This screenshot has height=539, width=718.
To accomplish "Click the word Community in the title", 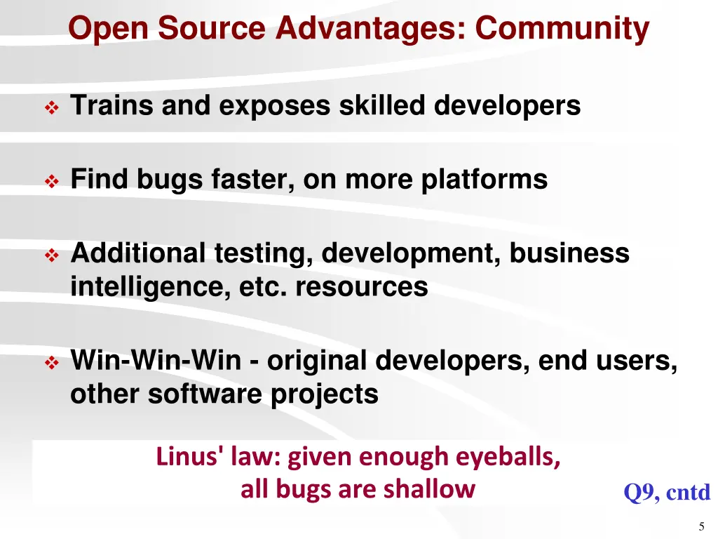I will (562, 29).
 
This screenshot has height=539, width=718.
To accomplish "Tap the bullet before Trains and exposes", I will (51, 108).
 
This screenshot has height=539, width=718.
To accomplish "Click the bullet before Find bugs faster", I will (51, 182).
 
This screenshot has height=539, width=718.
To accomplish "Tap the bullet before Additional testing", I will (51, 255).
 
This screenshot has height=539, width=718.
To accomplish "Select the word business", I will (569, 253).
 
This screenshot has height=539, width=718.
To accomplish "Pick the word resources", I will (361, 287).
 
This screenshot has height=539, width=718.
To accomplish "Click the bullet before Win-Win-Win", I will (51, 364).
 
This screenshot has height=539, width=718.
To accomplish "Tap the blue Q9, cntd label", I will (666, 493).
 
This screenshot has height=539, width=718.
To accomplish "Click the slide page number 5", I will (701, 527).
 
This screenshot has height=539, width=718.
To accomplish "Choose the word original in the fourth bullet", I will (316, 361).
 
